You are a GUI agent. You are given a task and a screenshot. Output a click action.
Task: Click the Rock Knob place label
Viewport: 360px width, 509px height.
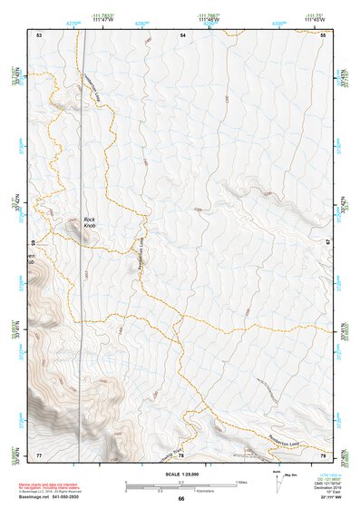point(89,221)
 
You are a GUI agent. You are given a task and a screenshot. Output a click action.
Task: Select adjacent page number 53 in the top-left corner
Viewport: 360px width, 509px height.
point(39,34)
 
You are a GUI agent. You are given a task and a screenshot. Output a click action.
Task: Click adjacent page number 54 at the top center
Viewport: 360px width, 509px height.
point(182,34)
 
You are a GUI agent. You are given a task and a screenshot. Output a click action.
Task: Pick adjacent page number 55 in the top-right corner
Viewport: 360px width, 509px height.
point(322,34)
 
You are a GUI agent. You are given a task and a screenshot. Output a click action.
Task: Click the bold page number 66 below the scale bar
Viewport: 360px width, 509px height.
point(180,498)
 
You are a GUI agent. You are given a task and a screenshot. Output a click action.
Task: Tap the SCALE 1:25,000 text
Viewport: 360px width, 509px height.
point(180,474)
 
